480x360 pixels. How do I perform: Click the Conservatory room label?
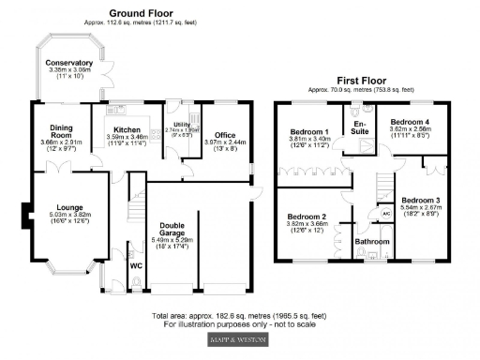pos(68,63)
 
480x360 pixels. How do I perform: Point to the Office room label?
pos(225,134)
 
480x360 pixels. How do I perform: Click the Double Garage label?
pos(199,229)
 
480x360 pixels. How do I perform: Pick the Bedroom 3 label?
pos(420,200)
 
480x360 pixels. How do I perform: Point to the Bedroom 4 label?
pos(409,122)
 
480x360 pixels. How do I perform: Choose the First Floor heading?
pos(362,82)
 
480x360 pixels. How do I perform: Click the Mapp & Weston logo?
pos(241,338)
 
